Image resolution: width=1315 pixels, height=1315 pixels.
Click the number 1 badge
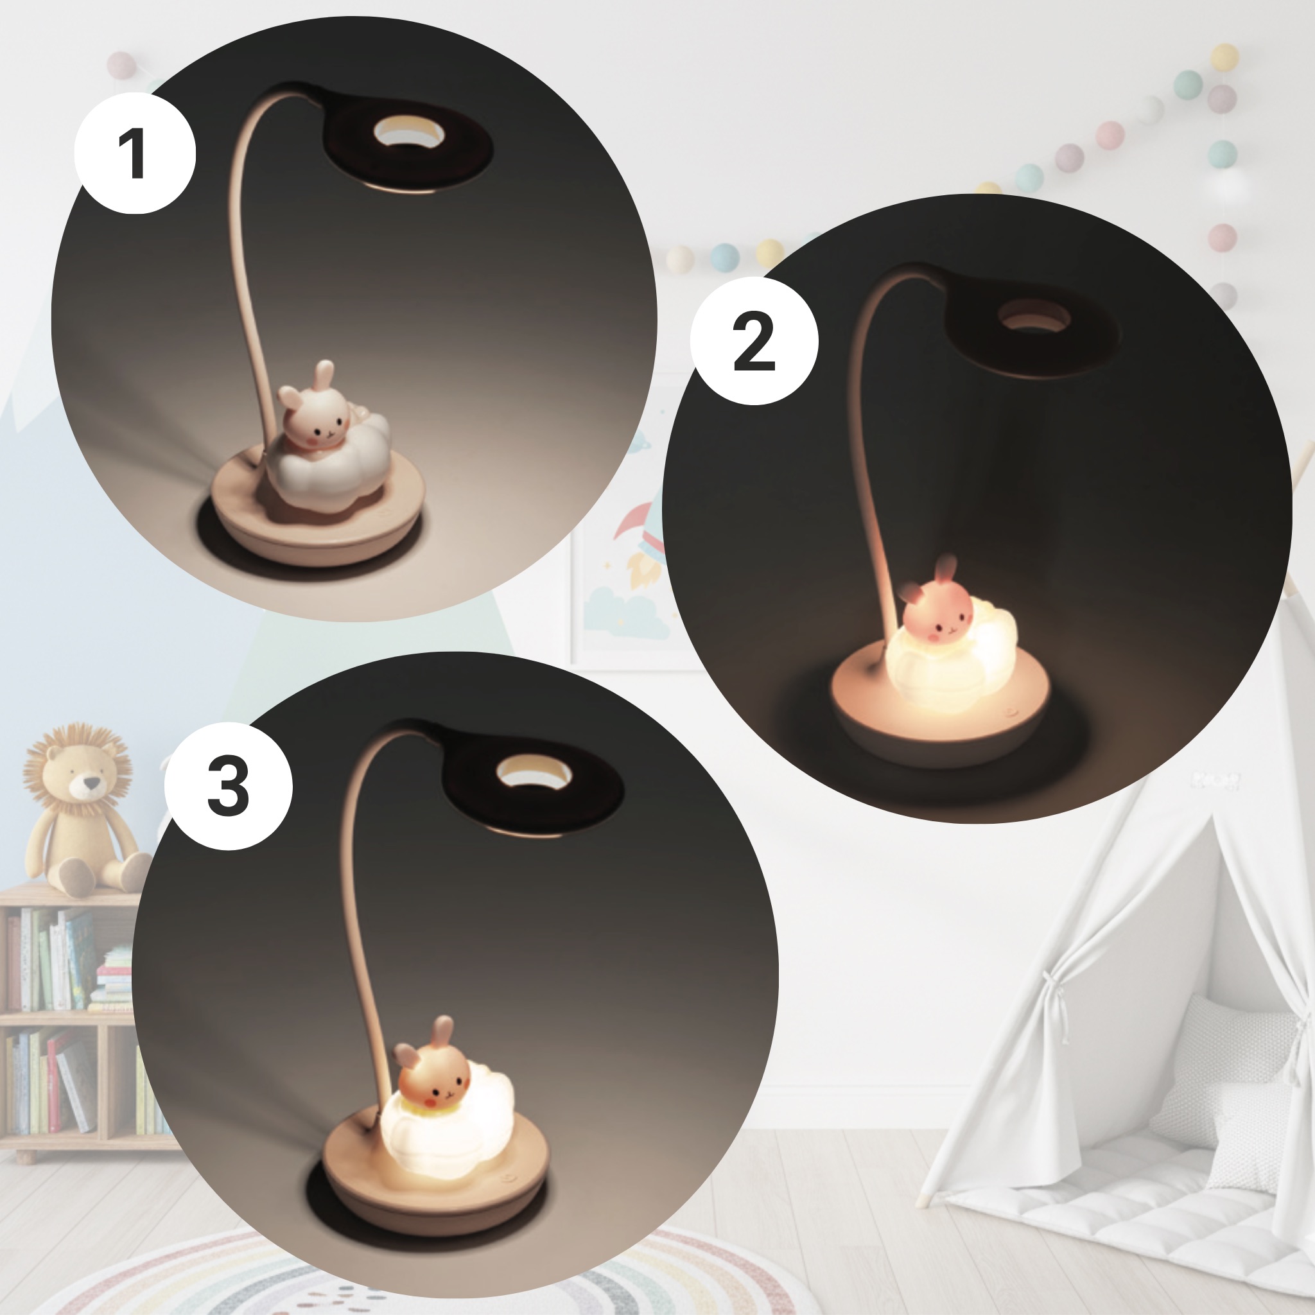tap(135, 154)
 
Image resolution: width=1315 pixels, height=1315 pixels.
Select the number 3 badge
tap(228, 786)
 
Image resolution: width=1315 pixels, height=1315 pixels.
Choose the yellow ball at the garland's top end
tap(1225, 57)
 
